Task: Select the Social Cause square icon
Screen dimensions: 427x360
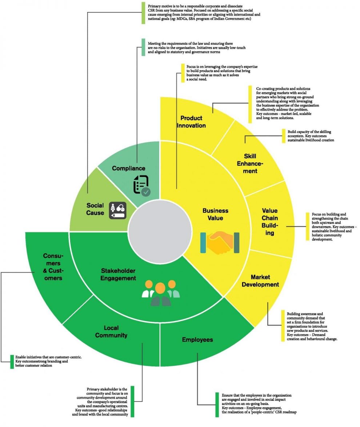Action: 118,210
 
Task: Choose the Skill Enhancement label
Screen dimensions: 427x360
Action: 250,163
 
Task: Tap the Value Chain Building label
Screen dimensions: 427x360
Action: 269,222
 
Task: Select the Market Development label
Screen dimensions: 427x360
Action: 260,281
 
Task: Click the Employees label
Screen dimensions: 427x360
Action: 197,340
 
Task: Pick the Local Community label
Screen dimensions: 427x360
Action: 111,331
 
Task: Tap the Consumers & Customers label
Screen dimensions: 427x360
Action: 52,267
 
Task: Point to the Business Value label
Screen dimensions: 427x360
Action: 215,214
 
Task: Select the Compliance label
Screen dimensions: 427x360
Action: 128,168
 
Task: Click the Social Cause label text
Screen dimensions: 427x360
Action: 95,209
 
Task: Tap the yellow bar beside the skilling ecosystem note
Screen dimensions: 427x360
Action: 283,135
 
